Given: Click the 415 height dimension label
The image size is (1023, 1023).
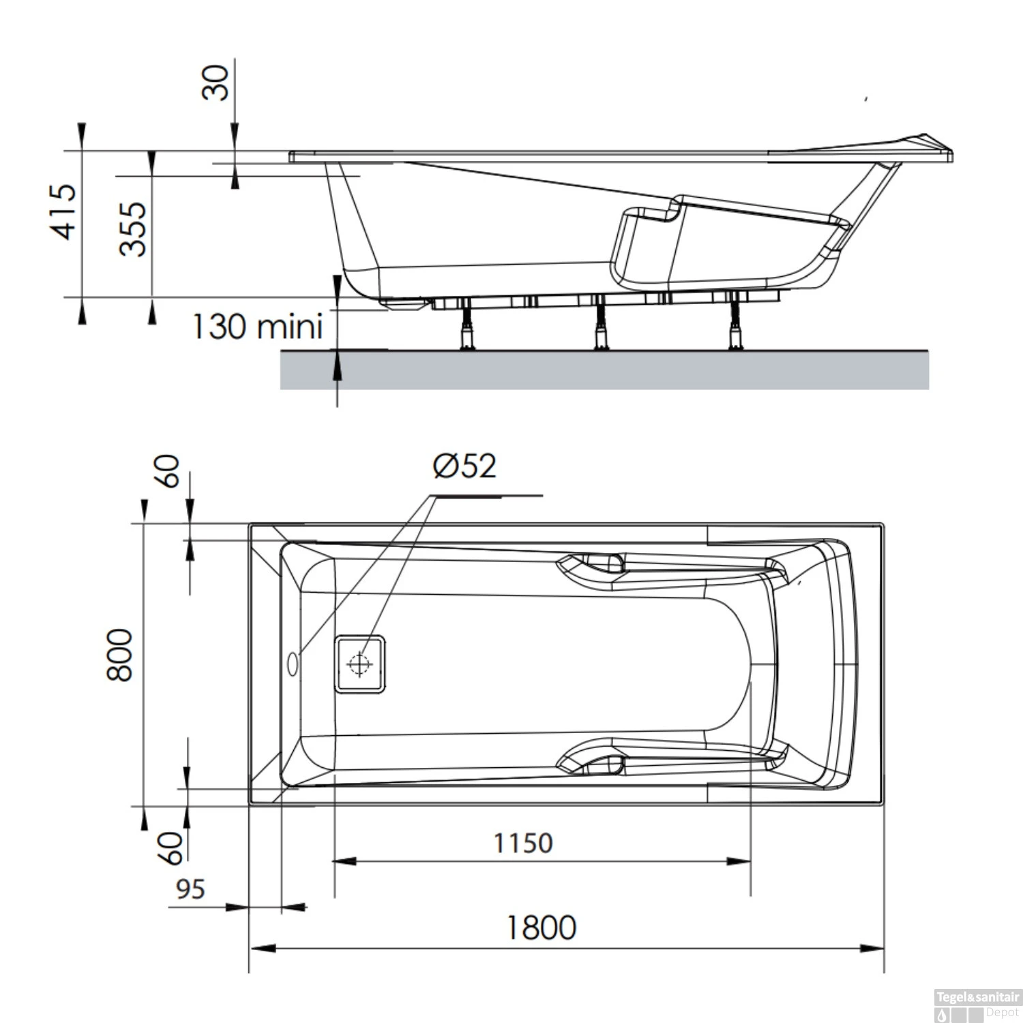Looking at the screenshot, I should point(65,211).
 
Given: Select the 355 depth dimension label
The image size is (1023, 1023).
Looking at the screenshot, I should point(133,228).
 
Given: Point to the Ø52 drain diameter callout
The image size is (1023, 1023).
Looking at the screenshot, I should point(464,466).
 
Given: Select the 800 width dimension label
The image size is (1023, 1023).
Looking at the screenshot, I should point(120,655).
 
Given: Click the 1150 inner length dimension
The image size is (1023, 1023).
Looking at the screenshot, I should point(523,844).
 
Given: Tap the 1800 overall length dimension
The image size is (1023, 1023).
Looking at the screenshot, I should point(541,928).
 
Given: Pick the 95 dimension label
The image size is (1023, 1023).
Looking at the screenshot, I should point(190,889).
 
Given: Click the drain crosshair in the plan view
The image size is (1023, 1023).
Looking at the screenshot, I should point(359,664).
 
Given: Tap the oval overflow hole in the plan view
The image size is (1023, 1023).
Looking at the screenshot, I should point(293,664).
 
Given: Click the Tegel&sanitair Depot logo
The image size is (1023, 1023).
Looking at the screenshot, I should point(977,1005).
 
